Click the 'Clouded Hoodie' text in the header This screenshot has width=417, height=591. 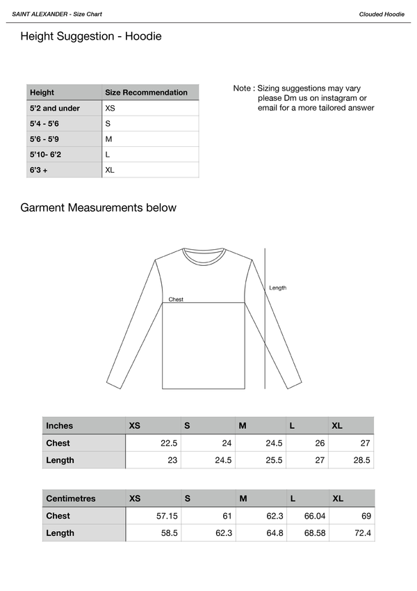click(382, 14)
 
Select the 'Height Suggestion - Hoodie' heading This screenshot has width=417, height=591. click(91, 36)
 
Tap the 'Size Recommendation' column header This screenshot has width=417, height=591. click(146, 92)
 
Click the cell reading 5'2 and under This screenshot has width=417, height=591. click(55, 109)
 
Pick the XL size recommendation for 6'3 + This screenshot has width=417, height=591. click(110, 170)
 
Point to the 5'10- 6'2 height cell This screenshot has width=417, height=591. click(46, 155)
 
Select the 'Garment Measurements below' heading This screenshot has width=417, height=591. click(98, 207)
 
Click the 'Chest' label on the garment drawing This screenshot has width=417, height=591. click(176, 299)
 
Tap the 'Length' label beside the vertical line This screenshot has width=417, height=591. click(277, 287)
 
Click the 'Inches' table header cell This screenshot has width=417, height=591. click(60, 425)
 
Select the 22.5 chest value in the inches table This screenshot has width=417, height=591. click(169, 443)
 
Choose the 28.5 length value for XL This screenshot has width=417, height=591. click(362, 460)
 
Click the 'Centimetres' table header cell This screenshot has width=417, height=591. click(70, 498)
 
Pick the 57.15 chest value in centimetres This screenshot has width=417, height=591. click(167, 517)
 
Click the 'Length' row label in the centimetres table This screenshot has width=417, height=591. click(60, 533)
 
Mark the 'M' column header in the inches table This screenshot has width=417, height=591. click(242, 425)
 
